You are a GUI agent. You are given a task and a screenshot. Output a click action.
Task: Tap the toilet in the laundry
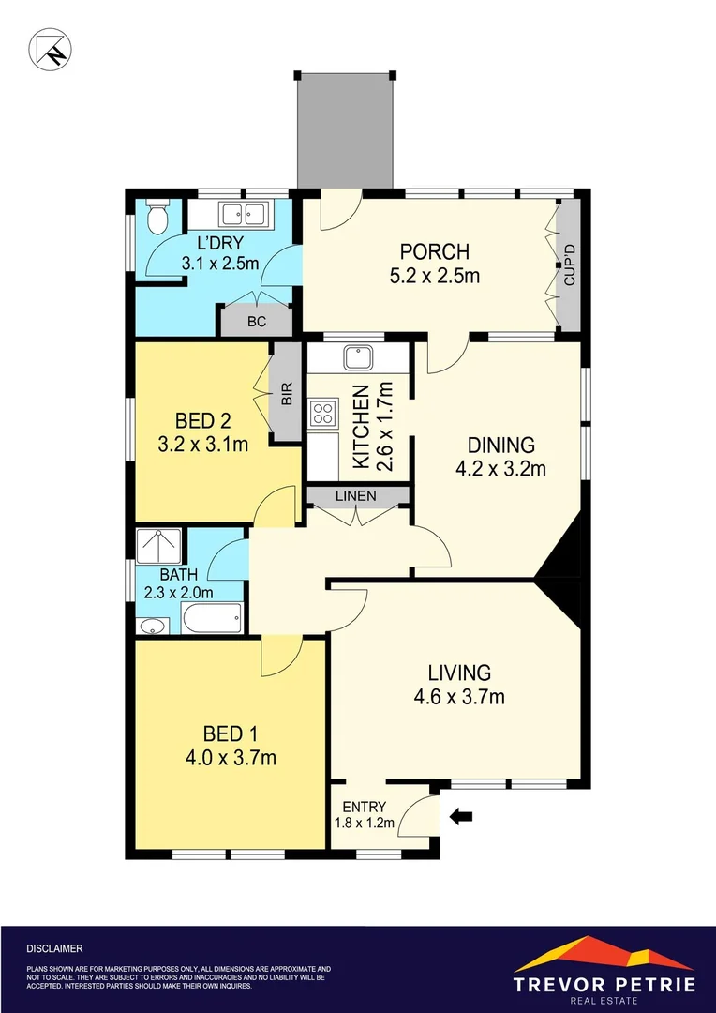tap(157, 219)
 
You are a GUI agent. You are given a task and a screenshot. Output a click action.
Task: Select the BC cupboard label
tap(257, 321)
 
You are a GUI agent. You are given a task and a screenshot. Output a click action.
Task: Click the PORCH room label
tap(434, 252)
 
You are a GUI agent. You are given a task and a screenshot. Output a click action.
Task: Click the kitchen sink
tap(358, 357)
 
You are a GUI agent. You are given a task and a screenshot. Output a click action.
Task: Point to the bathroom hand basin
tap(150, 626)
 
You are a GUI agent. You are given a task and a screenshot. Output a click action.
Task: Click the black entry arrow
tap(461, 817)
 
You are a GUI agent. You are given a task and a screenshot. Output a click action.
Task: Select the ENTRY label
tap(365, 807)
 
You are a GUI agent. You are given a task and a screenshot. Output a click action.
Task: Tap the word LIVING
tap(459, 673)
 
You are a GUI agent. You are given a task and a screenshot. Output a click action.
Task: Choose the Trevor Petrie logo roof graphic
tap(604, 953)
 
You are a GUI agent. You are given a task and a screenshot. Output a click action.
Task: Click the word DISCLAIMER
tap(55, 948)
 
